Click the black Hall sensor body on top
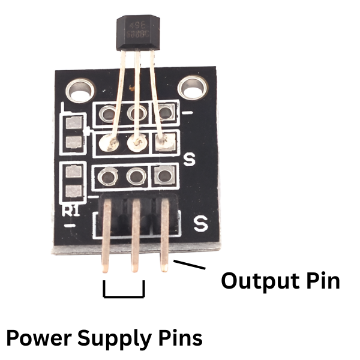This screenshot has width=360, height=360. pyautogui.click(x=136, y=34)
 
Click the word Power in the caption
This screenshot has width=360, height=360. pyautogui.click(x=40, y=338)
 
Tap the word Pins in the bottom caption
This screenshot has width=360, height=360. pyautogui.click(x=178, y=338)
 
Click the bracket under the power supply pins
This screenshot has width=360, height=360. pyautogui.click(x=124, y=293)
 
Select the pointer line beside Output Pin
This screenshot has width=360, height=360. pyautogui.click(x=188, y=266)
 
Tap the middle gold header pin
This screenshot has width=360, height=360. pyautogui.click(x=136, y=240)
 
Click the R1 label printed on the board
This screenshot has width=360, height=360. pyautogui.click(x=71, y=210)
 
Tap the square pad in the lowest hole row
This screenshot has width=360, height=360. pyautogui.click(x=163, y=176)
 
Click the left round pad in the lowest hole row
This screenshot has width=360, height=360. pyautogui.click(x=109, y=176)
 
